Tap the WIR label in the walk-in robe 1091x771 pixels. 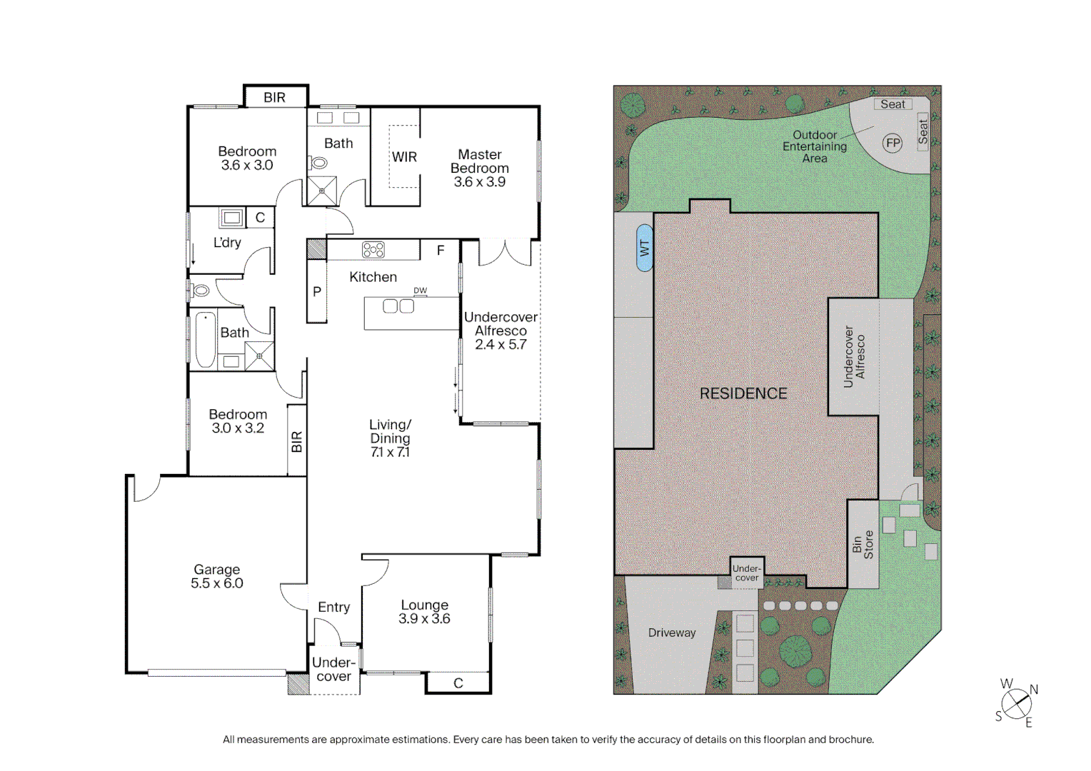(404, 157)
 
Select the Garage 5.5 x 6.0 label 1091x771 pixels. (216, 576)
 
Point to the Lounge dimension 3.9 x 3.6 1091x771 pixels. (424, 619)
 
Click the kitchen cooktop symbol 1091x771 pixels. (373, 250)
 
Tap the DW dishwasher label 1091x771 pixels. (420, 291)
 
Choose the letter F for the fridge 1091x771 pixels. (441, 251)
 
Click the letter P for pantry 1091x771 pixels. (317, 291)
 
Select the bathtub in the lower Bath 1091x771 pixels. (206, 340)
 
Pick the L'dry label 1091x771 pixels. (227, 243)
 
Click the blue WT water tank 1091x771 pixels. (644, 248)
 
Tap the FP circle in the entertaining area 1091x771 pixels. (893, 143)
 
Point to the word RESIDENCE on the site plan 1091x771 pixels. (743, 393)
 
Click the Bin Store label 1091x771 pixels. (863, 545)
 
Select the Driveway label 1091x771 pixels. (671, 633)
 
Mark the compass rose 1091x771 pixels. (1016, 705)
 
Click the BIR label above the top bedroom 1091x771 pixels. (274, 98)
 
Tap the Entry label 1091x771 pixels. (333, 607)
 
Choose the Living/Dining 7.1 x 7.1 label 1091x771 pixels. (390, 438)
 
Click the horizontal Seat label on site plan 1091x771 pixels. (893, 104)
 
